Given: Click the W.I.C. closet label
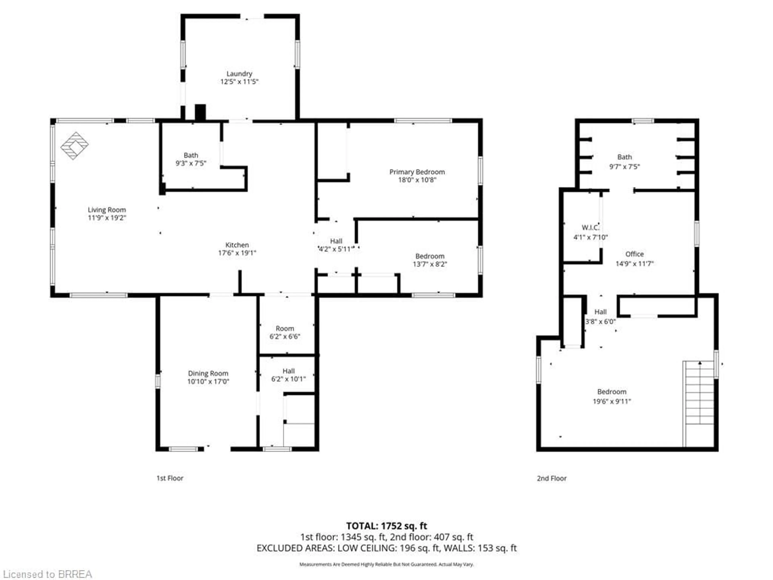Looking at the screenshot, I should (590, 228).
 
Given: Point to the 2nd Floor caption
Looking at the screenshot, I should (551, 478).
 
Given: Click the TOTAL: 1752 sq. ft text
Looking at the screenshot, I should (386, 526).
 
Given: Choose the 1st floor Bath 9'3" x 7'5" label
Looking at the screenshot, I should (191, 159).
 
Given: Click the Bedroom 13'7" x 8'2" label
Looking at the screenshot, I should (430, 260).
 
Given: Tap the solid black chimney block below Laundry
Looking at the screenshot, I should (200, 113).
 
